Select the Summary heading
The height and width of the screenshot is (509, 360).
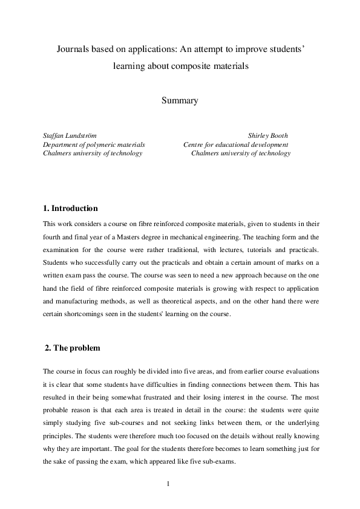tap(180, 101)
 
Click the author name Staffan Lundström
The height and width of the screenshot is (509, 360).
tap(70, 136)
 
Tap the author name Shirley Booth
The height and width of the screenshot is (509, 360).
tap(268, 136)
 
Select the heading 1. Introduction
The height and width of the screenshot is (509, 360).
tap(70, 209)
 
